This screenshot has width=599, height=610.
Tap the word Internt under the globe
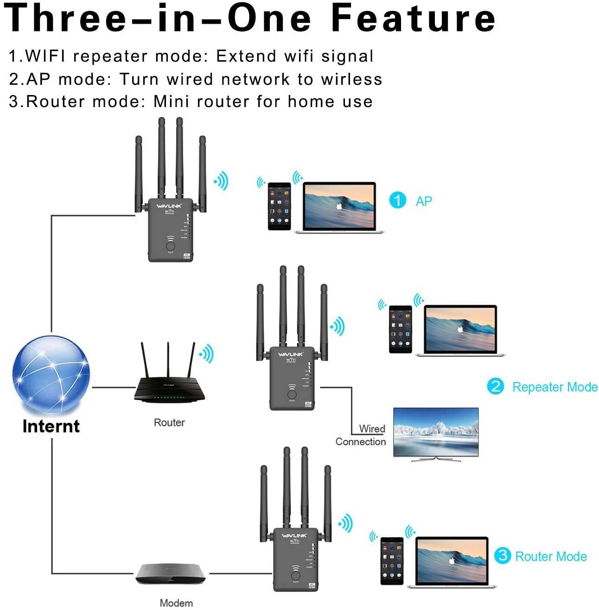(51, 426)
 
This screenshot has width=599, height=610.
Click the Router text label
(169, 422)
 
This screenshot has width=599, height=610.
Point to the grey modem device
(170, 574)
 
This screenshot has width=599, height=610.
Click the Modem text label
(176, 603)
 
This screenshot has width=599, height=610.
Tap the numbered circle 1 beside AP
(397, 200)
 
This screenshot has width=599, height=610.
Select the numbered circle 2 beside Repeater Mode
(495, 386)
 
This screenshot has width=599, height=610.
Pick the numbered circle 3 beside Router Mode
(502, 555)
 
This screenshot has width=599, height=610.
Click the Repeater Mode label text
(554, 387)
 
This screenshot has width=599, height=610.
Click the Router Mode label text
(551, 556)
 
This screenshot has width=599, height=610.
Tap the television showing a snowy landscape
(435, 433)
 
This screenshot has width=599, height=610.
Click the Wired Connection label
(361, 435)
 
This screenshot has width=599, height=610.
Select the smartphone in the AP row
(280, 206)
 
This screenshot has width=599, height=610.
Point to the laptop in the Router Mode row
(452, 562)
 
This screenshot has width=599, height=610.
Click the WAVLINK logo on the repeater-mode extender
(291, 355)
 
